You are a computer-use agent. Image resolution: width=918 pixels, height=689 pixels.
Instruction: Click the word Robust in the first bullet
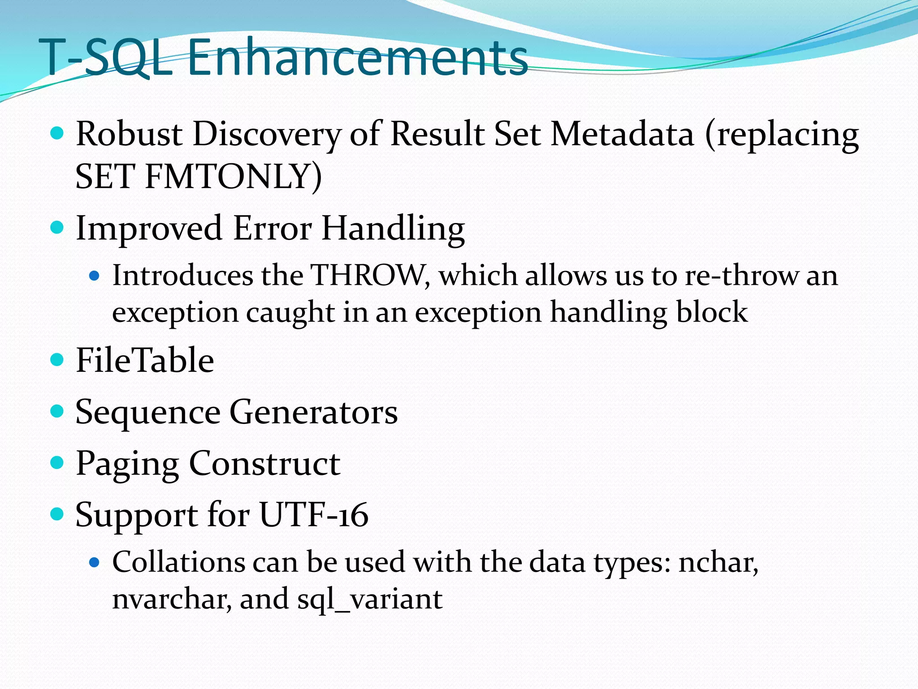[129, 135]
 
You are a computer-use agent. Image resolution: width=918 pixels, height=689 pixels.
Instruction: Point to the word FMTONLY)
[233, 176]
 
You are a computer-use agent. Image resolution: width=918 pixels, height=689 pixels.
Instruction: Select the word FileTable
[145, 360]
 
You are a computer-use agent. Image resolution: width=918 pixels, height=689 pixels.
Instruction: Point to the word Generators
[313, 412]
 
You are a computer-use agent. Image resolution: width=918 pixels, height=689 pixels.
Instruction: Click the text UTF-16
[314, 515]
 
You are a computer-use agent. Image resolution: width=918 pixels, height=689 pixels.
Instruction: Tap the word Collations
[178, 562]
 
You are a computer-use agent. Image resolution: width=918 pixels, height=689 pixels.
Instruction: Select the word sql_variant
[370, 599]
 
